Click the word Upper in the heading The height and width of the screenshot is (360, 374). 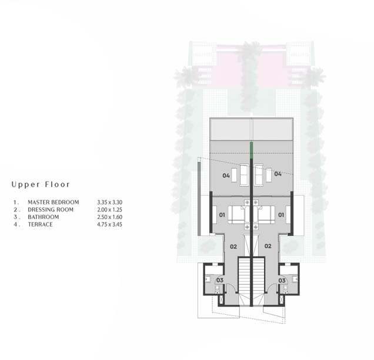coord(26,184)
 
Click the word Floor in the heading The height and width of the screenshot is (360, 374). coord(58,184)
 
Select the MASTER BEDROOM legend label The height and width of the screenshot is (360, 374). coord(53,202)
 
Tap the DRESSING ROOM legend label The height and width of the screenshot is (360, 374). coord(51,210)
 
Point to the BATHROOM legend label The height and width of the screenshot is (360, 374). coord(43,217)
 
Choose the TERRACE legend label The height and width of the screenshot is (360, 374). coord(40,224)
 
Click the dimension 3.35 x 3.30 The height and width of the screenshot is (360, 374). coord(110,202)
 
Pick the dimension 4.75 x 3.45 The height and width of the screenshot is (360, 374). coord(110,224)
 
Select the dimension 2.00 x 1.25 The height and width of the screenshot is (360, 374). coord(110,210)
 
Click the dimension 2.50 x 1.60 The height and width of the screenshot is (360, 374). coord(110,217)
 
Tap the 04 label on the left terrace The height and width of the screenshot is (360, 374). coord(226,176)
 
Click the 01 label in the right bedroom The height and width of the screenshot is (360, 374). coord(281,215)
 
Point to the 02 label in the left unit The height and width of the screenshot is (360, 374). coord(233,247)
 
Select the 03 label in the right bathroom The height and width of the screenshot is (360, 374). coord(282,280)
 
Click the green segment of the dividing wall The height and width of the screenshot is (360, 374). coord(251,150)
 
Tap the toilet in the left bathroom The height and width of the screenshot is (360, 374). coord(217,289)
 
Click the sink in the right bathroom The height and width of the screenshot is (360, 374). coord(295,279)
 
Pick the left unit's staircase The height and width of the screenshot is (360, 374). coord(244,281)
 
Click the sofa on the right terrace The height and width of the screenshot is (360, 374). coord(259,174)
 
